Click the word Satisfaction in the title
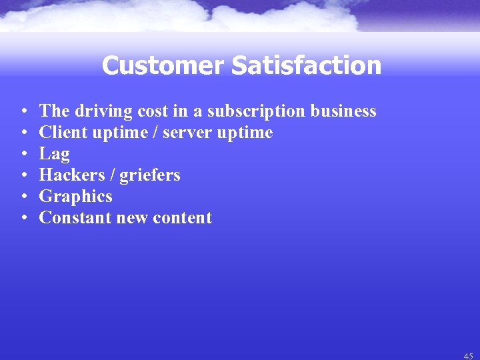(x=307, y=66)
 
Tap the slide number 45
(x=468, y=356)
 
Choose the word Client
(x=63, y=133)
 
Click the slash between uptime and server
(x=155, y=133)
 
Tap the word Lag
(x=55, y=154)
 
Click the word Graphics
(x=75, y=197)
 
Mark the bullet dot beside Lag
(x=23, y=154)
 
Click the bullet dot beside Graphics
(x=23, y=197)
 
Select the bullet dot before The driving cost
(x=23, y=111)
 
